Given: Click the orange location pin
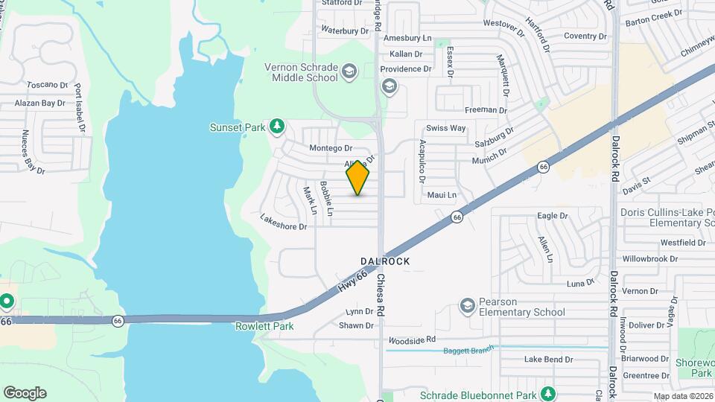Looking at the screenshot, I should point(358,177).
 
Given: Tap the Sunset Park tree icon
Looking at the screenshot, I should point(277,127).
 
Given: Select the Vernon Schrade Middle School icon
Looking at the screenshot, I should point(348,72).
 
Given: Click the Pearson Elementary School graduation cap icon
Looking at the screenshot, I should point(467,306).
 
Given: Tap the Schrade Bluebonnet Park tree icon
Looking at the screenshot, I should point(548,393).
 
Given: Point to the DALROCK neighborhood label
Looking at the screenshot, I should point(385,261).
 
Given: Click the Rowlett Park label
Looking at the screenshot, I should point(264,326).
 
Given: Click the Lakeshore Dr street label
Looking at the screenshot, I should point(283,222).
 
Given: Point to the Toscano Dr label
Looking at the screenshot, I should point(47,86).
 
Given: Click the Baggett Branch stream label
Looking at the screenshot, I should point(468,351).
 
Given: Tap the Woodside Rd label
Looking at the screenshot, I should point(410,340).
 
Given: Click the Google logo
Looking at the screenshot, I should point(25,393).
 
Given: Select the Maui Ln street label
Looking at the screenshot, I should point(442,195).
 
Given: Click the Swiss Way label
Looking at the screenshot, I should point(445,128).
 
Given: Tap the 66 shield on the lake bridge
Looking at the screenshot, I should point(118,321).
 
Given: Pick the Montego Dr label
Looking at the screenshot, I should point(325,149).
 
